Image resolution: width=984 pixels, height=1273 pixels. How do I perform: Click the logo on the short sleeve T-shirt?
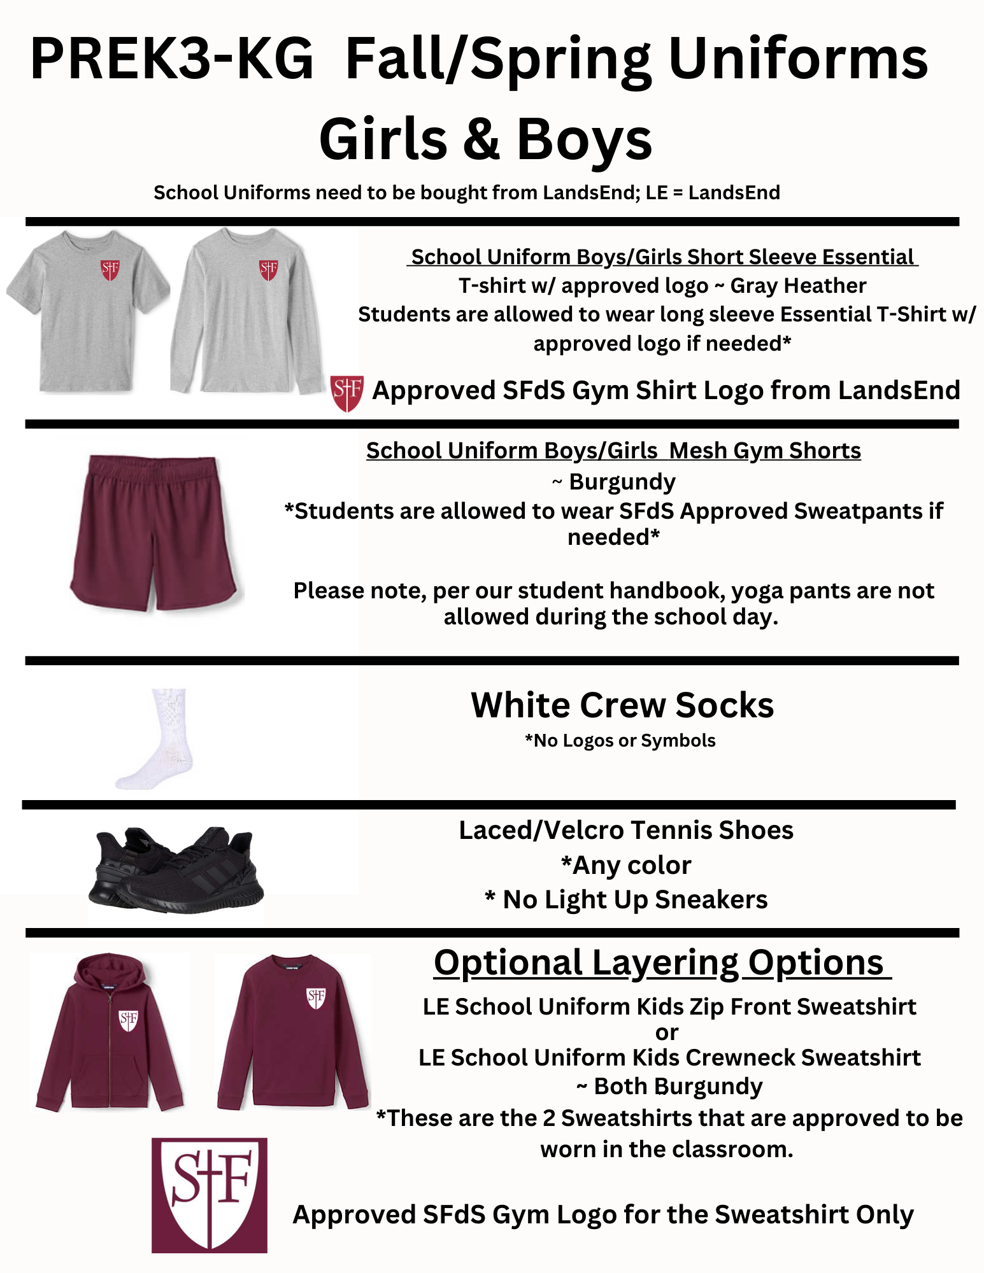pos(110,269)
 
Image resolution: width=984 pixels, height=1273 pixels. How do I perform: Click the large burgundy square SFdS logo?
pos(210,1195)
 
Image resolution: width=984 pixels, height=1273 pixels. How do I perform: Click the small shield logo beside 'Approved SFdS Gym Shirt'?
pos(347,393)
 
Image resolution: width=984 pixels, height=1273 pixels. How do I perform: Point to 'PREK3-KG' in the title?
pos(172,59)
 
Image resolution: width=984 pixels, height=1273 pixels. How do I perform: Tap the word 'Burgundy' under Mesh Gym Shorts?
pos(622,482)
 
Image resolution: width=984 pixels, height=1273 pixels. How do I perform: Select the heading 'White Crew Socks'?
pos(622,705)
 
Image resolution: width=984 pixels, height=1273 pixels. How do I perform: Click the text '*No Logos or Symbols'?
pos(620,740)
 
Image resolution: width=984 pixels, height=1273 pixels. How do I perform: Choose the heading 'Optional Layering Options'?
pos(659,962)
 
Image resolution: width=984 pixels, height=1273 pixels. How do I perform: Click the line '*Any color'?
pos(626,865)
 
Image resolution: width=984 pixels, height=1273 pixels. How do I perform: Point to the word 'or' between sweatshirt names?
pos(667,1032)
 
